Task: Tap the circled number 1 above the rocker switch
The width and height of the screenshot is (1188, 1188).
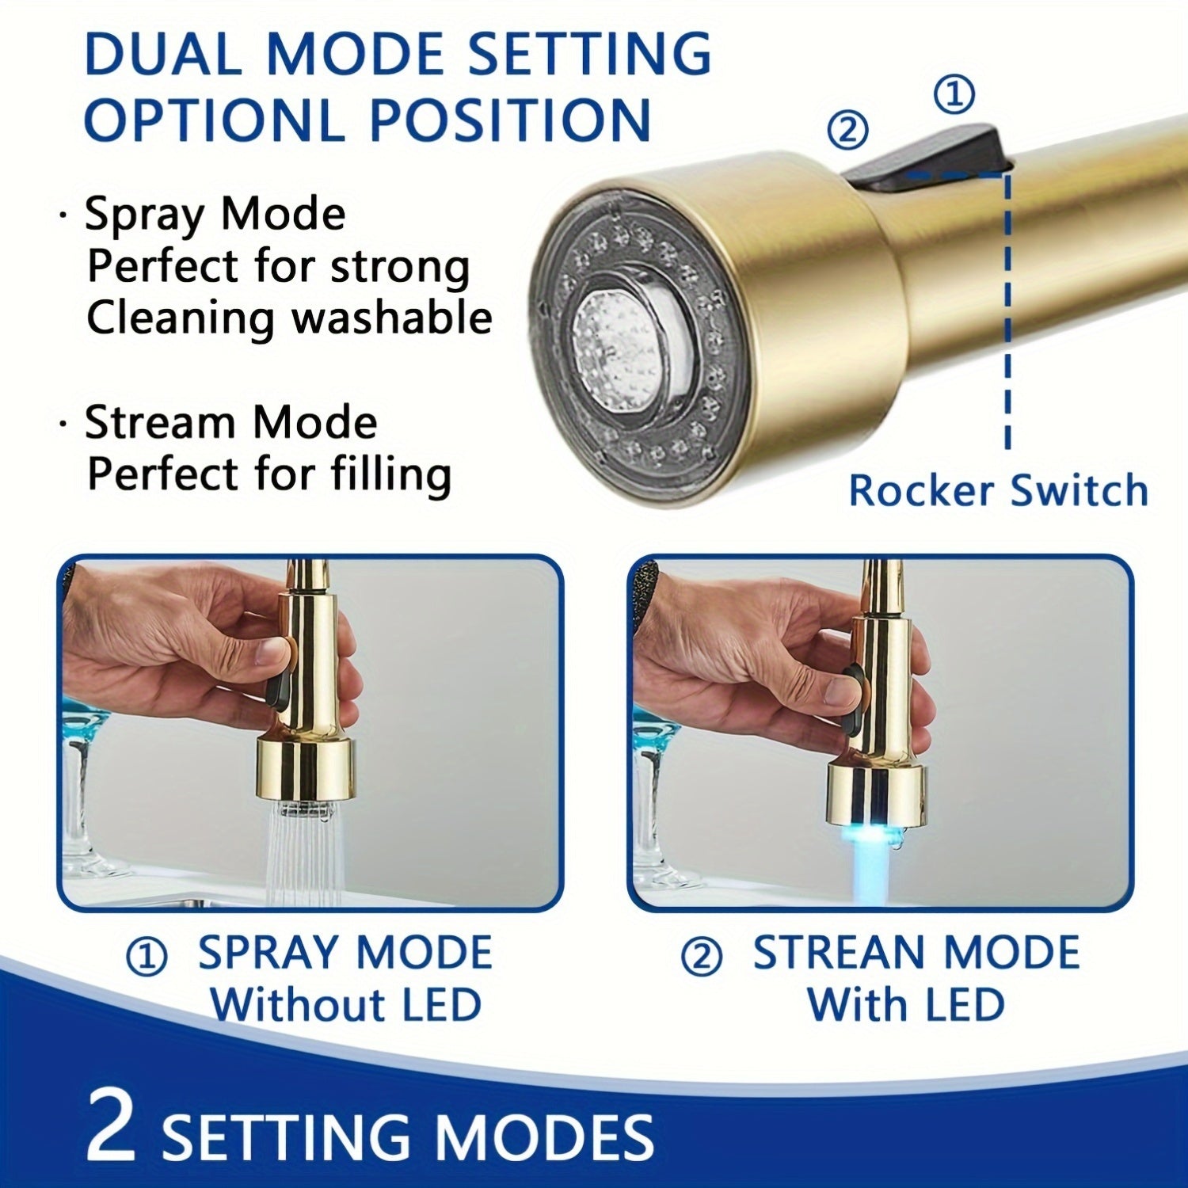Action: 954,95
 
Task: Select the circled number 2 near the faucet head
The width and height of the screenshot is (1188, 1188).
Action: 847,129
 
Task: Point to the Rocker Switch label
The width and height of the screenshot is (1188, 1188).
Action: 998,490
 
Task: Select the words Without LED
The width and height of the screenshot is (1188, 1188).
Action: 345,1005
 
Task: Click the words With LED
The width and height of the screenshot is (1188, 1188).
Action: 905,1005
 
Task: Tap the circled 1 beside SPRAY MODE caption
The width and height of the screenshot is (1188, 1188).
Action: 147,957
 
